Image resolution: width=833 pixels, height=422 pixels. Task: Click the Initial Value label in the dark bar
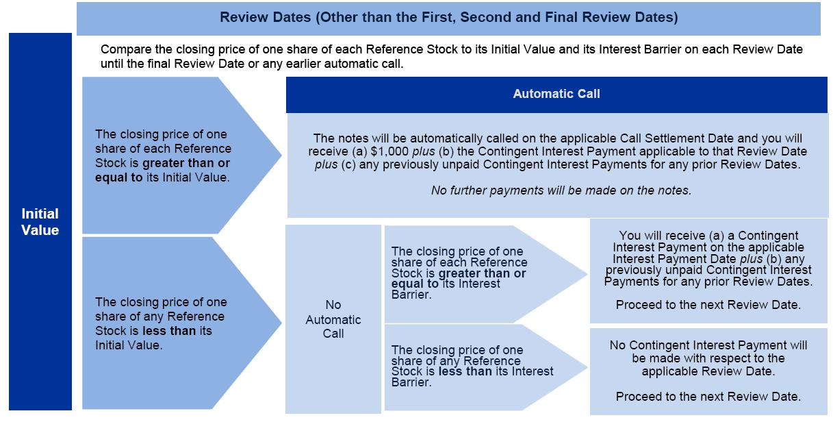coord(40,222)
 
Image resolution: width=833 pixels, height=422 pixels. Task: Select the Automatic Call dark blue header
coord(556,94)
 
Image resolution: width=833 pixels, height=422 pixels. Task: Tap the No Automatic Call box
coord(333,319)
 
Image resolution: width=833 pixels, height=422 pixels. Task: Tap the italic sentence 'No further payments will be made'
coord(561,190)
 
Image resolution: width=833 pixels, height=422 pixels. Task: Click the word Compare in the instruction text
coord(125,50)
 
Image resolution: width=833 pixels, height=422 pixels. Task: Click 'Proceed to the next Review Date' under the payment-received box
coord(708,305)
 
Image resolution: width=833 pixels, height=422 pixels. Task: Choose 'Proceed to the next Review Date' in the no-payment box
coord(708,397)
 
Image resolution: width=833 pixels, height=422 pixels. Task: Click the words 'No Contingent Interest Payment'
coord(687,345)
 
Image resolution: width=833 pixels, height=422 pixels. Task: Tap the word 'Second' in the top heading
coord(486,17)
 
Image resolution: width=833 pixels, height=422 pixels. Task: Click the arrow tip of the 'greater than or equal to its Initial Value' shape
coord(281,155)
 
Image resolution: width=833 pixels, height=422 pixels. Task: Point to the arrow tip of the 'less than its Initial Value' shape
coord(281,323)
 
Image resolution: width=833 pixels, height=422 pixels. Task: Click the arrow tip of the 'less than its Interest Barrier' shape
coord(587,367)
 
